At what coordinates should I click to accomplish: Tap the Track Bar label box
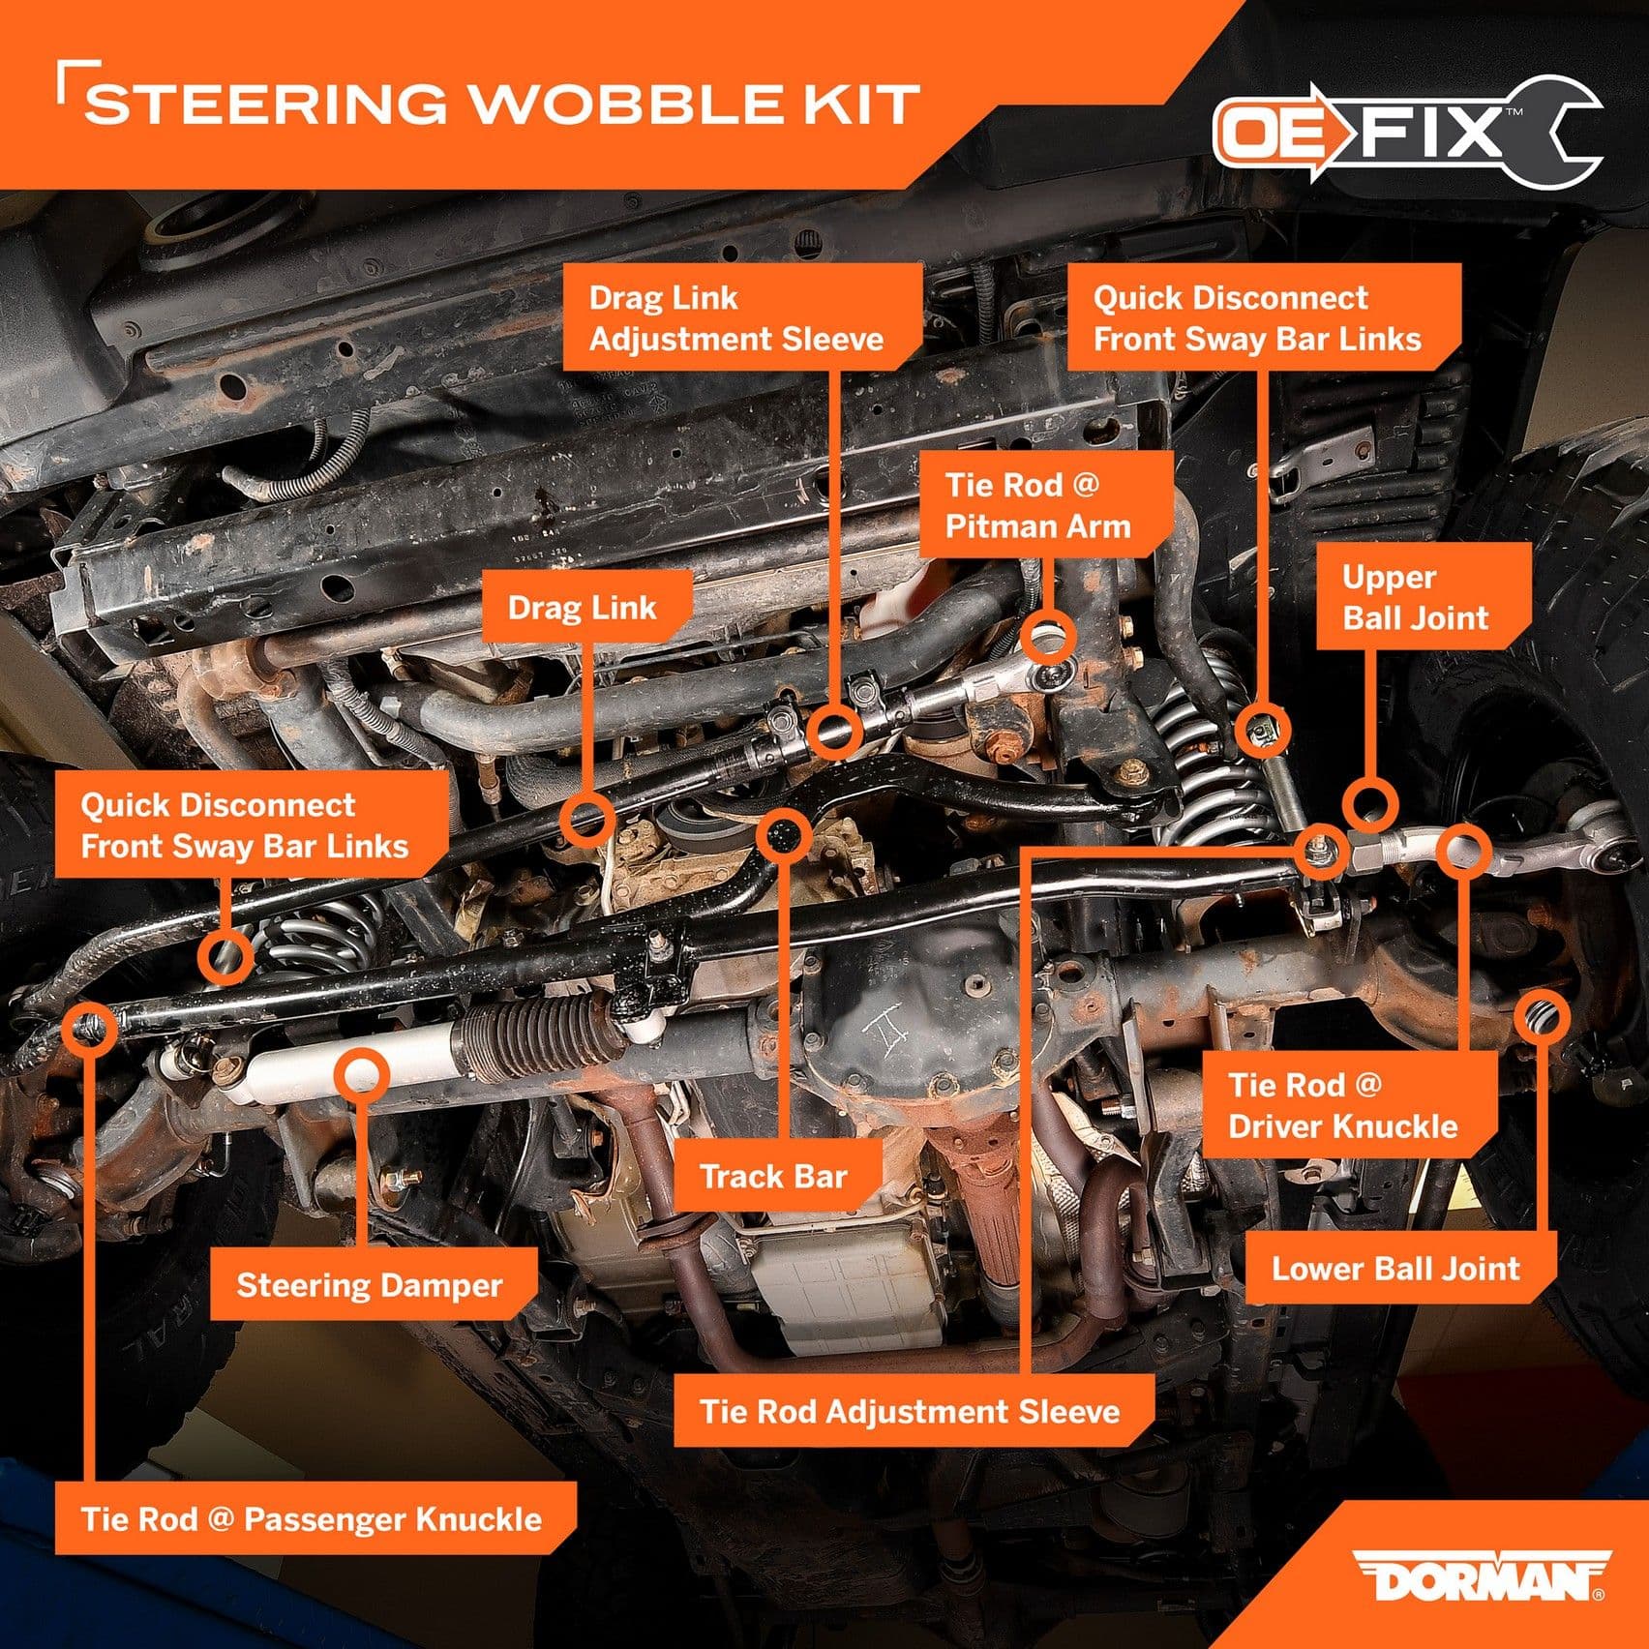(x=774, y=1176)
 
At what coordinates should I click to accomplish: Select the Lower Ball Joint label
(x=1395, y=1268)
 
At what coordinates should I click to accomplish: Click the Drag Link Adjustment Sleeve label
(x=740, y=317)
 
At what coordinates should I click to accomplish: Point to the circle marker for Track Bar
(x=783, y=834)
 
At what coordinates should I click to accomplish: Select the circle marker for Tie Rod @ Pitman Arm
(x=1048, y=638)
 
